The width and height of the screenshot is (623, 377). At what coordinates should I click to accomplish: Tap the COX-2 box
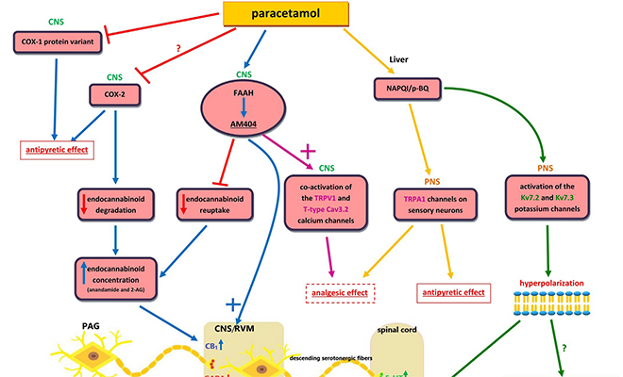[115, 93]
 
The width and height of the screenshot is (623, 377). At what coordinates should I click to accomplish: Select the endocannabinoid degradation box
[115, 206]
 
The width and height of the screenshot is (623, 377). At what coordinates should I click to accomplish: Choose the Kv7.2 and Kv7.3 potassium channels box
[554, 199]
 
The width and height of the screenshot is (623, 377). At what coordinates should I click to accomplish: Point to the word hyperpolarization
[554, 281]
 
